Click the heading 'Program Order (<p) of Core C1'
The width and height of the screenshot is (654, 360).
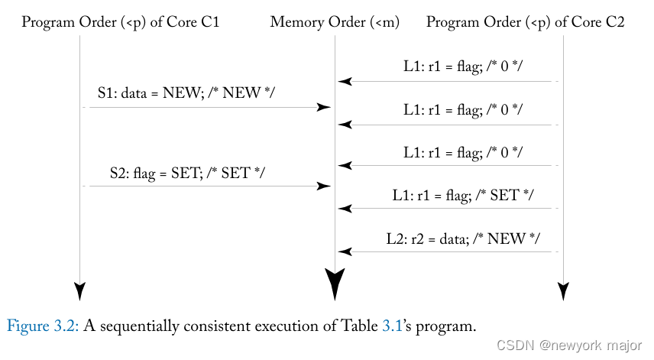(121, 22)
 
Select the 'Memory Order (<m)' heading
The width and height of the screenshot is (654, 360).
(335, 22)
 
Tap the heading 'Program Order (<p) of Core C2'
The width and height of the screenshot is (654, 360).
(525, 22)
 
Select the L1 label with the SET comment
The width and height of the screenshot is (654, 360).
(463, 195)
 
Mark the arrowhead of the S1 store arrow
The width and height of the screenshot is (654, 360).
(325, 108)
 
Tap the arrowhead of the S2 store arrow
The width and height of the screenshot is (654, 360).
(325, 186)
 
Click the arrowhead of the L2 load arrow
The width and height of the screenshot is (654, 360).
(345, 251)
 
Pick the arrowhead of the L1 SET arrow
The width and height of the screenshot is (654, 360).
(345, 208)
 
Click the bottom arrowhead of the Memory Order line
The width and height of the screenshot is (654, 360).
(335, 284)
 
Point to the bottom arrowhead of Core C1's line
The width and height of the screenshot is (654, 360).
(79, 290)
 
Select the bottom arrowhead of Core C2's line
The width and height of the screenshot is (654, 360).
(563, 290)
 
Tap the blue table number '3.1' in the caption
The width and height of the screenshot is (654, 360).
(391, 326)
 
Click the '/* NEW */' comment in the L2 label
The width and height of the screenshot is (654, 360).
(511, 238)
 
